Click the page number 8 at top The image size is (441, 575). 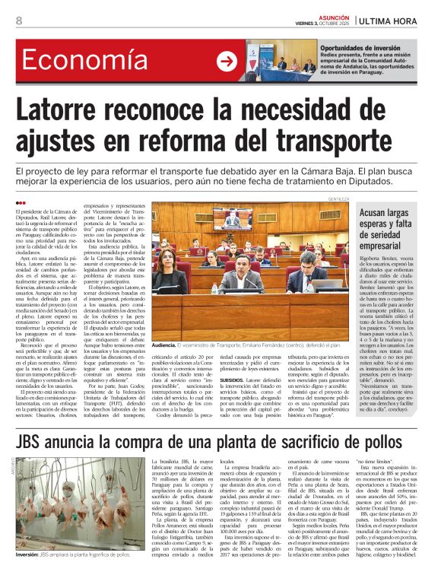coord(18,21)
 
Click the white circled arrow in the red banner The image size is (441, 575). coord(227,62)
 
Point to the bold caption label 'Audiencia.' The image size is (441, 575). coord(164,302)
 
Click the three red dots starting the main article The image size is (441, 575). coord(21,202)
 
